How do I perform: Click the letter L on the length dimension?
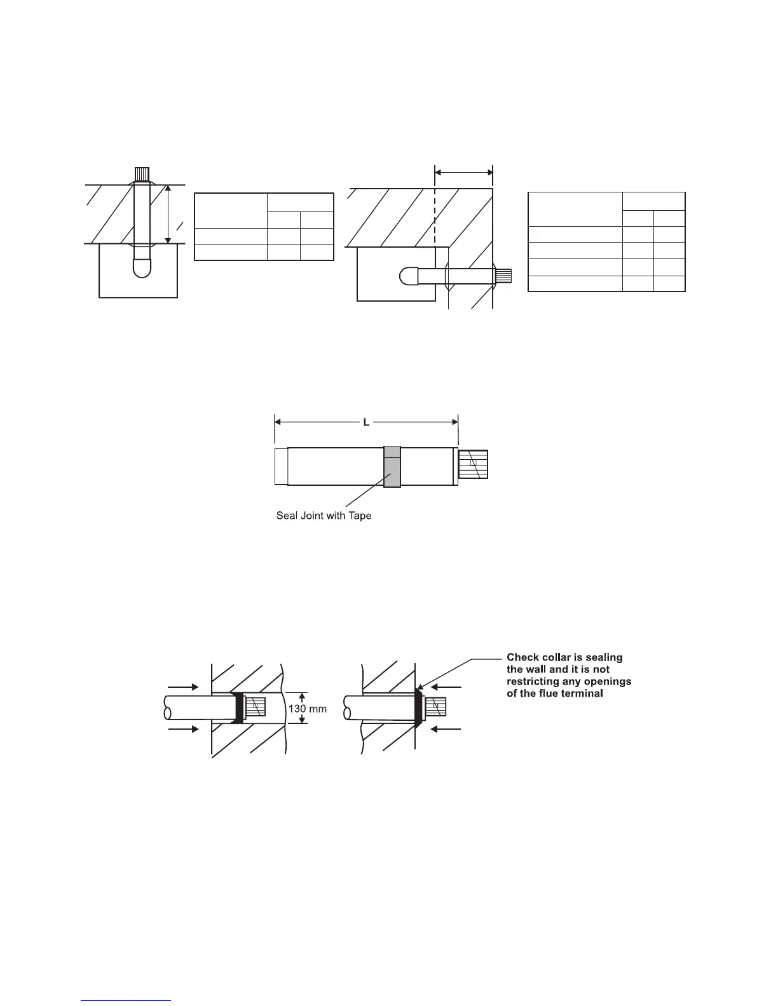[x=366, y=422]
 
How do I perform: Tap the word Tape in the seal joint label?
[x=358, y=516]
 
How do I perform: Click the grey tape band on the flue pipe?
[x=392, y=467]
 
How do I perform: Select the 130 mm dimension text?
[x=308, y=708]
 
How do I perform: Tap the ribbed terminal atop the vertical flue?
[x=142, y=173]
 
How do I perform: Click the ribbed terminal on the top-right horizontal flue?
[x=503, y=276]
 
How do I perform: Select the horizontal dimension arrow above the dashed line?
[x=463, y=171]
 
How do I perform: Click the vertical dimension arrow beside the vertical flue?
[x=168, y=215]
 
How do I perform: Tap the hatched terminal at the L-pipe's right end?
[x=474, y=464]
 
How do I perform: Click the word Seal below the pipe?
[x=287, y=516]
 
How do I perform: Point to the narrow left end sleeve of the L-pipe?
[x=281, y=467]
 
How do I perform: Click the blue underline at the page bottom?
[x=126, y=1001]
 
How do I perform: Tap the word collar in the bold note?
[x=557, y=657]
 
